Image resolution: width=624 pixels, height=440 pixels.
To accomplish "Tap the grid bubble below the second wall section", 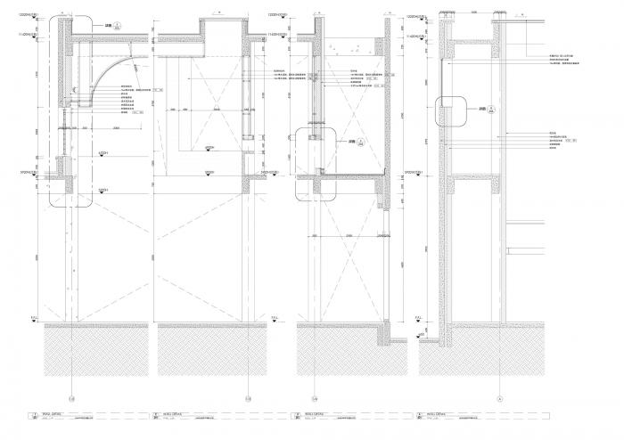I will (249, 397).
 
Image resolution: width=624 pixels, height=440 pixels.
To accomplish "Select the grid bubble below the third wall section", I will (315, 397).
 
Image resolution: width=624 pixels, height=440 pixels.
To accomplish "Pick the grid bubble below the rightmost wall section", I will (500, 397).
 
